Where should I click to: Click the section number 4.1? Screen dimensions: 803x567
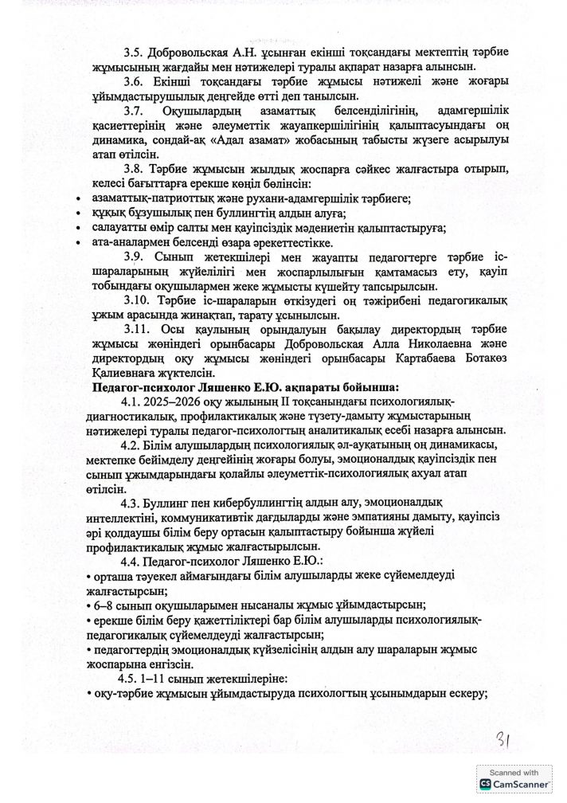pyautogui.click(x=130, y=402)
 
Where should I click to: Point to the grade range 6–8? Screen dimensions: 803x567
pyautogui.click(x=102, y=605)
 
